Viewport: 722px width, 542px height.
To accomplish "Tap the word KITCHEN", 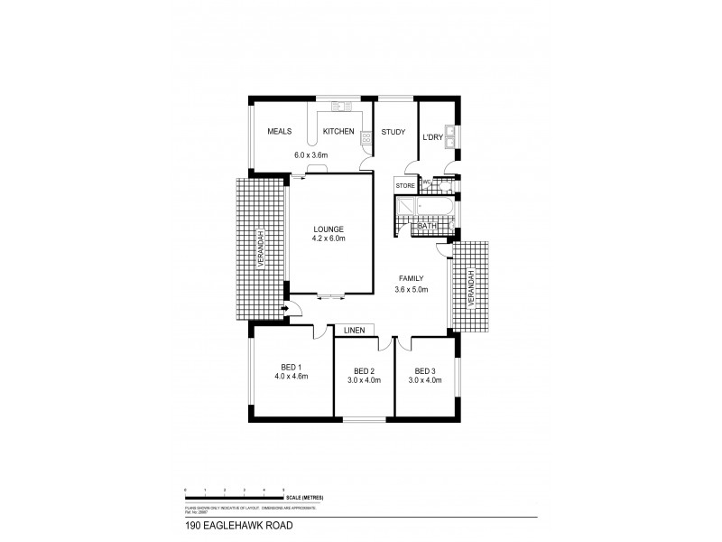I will (338, 132).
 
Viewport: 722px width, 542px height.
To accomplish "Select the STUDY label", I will (393, 132).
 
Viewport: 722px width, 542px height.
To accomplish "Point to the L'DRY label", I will (432, 137).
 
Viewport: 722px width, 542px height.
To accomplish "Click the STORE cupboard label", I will (405, 186).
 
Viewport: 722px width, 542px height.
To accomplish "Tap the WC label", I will (427, 182).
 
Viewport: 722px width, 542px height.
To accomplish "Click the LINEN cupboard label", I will (354, 331).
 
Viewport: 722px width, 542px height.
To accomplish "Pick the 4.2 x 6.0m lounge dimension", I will (329, 238).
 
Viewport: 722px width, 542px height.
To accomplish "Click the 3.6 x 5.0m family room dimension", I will (411, 289).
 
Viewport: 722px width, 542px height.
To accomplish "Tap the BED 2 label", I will (364, 371).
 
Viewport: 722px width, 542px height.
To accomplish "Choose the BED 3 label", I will (425, 371).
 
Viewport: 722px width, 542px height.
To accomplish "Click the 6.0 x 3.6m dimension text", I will (311, 154).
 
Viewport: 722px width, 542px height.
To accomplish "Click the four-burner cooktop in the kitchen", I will (366, 138).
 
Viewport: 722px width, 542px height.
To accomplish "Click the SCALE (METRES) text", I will (303, 498).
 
